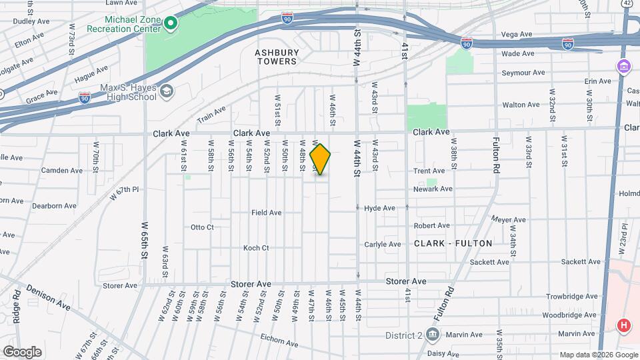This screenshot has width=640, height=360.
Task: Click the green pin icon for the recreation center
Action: [171, 25]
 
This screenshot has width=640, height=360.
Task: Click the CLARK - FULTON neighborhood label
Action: [453, 243]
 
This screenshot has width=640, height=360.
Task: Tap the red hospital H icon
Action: [623, 326]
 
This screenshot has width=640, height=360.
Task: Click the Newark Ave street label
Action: [433, 189]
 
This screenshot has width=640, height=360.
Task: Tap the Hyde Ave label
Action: [380, 208]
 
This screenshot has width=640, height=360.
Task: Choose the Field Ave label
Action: [267, 213]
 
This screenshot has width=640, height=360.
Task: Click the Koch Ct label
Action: [256, 248]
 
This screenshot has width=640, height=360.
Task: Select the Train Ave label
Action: [211, 114]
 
